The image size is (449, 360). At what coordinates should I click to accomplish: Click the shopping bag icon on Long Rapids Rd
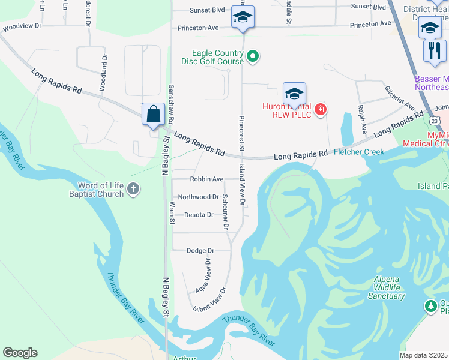[x=154, y=113]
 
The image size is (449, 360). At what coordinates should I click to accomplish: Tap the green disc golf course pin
[x=253, y=57]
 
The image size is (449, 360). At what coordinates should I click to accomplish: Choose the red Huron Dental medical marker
[x=321, y=109]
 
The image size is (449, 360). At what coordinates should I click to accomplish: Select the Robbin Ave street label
[x=206, y=179]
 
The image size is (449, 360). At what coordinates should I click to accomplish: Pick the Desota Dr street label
[x=199, y=215]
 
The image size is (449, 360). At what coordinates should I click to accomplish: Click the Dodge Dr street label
[x=200, y=251]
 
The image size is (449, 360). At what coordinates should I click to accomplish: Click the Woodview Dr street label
[x=22, y=26]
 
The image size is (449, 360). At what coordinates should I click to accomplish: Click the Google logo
[x=20, y=352]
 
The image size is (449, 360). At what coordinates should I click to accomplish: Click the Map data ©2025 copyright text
[x=423, y=355]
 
